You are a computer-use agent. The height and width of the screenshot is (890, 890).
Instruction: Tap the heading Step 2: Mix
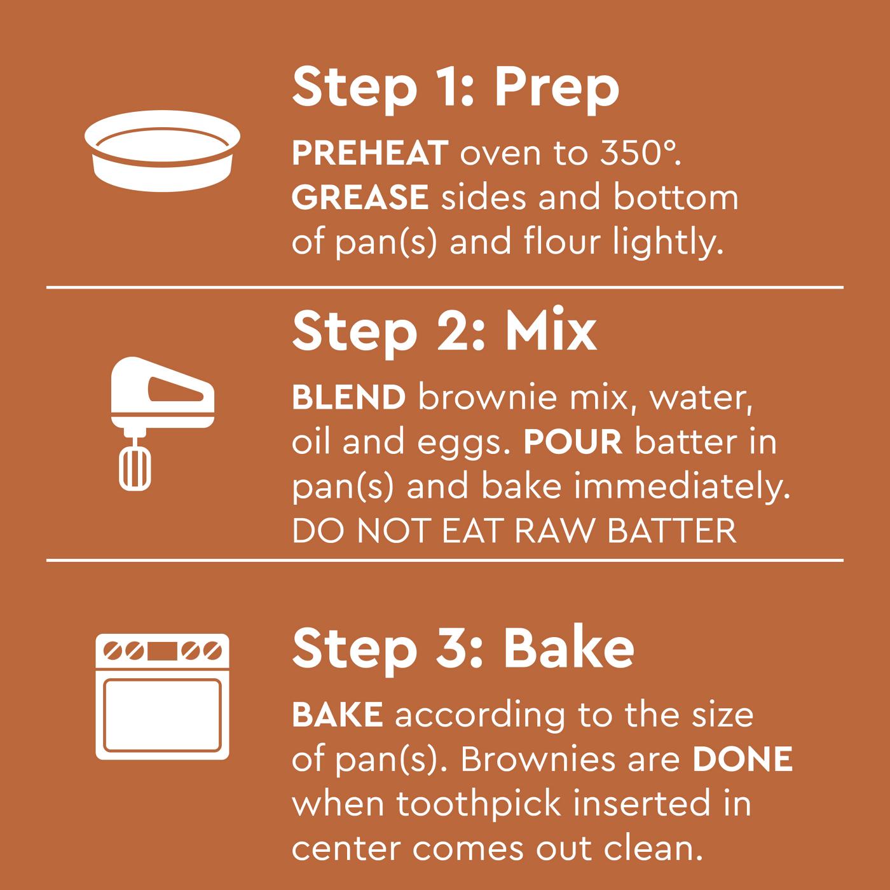pos(444,331)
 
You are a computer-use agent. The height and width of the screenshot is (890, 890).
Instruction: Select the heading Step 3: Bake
pos(463,648)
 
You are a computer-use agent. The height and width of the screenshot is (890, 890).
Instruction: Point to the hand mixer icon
pos(162,422)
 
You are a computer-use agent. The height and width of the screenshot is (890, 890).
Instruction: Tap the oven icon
pos(162,696)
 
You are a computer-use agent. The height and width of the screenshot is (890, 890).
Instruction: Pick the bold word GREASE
pos(360,198)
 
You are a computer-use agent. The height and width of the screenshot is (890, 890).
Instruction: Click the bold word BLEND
pos(348,398)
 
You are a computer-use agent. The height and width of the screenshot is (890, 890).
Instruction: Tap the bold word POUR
pos(572,442)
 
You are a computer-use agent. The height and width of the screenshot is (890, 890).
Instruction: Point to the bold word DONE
pos(743,759)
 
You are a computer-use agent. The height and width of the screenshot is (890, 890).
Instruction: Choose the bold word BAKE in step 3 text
pos(337,715)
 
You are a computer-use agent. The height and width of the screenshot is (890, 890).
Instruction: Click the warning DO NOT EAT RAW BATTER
pos(514,531)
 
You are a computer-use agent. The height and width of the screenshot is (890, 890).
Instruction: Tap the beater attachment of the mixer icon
pos(135,467)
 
